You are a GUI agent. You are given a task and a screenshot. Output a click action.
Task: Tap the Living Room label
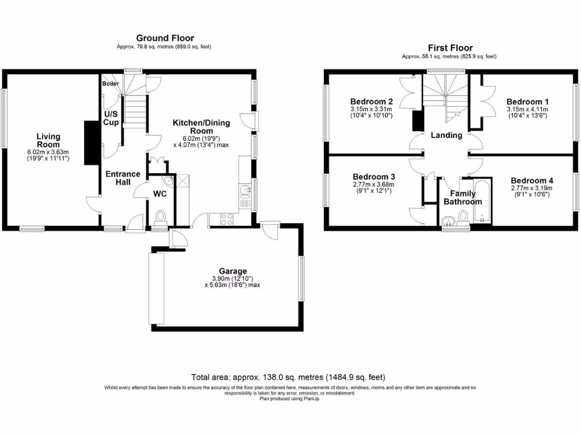[x=48, y=140]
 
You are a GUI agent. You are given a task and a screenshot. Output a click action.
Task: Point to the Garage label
[x=233, y=271]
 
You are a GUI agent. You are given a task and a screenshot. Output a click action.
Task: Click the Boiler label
[x=111, y=83]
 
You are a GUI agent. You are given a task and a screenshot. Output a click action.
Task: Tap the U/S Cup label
[x=111, y=118]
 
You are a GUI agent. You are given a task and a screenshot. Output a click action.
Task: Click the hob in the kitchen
[x=224, y=219]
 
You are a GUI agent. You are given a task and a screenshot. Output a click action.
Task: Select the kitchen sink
[x=245, y=194]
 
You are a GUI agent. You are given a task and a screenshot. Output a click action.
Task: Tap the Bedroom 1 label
[x=527, y=102]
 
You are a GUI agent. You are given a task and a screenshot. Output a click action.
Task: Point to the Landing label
[x=447, y=135]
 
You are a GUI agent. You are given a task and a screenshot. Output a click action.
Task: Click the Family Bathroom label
[x=462, y=198]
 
